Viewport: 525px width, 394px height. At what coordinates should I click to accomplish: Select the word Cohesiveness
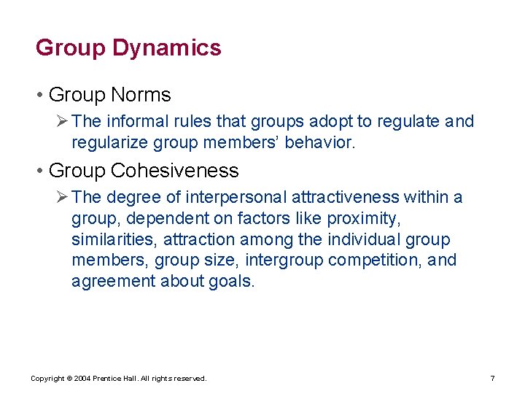[x=175, y=171]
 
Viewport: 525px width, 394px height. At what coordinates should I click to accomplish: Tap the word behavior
[x=321, y=142]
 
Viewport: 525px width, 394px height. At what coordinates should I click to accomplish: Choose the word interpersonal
[x=234, y=197]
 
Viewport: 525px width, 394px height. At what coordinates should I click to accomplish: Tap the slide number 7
[x=493, y=379]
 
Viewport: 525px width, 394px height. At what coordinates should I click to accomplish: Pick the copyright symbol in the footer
[x=68, y=379]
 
